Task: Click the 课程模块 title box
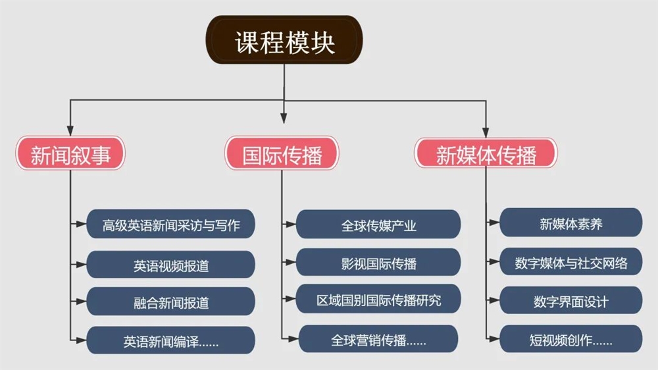tap(284, 40)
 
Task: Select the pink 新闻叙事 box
tap(70, 153)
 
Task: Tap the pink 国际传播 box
tap(282, 153)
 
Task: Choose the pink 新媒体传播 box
tap(486, 153)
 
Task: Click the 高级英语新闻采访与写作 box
tap(171, 225)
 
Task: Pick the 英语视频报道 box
tap(171, 265)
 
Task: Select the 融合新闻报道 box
tap(171, 302)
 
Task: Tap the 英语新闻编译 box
tap(171, 340)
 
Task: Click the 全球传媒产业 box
tap(378, 225)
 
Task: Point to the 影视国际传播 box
tap(378, 262)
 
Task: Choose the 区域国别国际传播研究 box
tap(378, 299)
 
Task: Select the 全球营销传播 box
tap(378, 338)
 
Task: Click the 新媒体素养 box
tap(571, 223)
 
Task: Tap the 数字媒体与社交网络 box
tap(571, 261)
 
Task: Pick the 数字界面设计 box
tap(571, 300)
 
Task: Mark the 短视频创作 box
tap(571, 338)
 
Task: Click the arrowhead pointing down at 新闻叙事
tap(70, 130)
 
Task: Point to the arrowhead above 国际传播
tap(284, 118)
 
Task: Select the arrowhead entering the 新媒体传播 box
tap(486, 132)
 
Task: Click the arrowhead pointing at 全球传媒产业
tap(290, 225)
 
